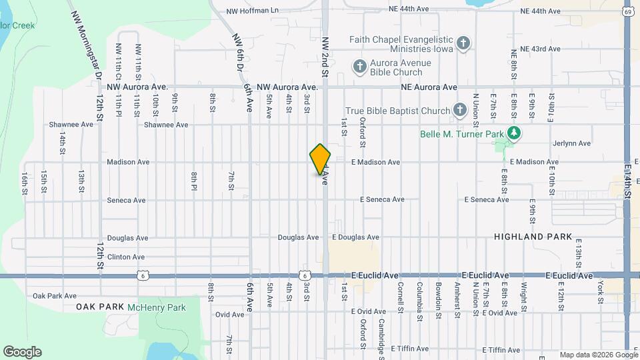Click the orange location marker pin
click(x=321, y=159)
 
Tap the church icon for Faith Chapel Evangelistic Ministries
click(x=464, y=45)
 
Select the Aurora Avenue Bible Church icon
click(x=360, y=66)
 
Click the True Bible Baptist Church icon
click(x=460, y=110)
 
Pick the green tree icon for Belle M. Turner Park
click(x=513, y=133)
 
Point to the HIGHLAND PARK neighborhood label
click(x=533, y=237)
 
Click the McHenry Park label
click(x=157, y=307)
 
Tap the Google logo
click(x=22, y=352)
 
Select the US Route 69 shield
click(x=628, y=11)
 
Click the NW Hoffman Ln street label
click(x=252, y=11)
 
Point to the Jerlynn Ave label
click(x=571, y=143)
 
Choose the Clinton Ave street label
click(x=126, y=257)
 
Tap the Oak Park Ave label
click(x=55, y=296)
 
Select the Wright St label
click(x=524, y=291)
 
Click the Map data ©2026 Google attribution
click(x=598, y=355)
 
